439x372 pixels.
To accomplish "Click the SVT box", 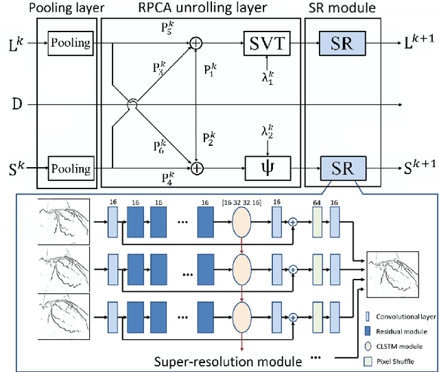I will click(268, 43).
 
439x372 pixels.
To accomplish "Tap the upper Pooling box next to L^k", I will click(71, 43).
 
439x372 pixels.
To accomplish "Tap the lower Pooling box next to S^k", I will click(71, 168).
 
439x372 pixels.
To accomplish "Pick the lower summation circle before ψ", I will click(196, 166).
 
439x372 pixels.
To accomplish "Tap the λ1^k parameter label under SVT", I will click(267, 79).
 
